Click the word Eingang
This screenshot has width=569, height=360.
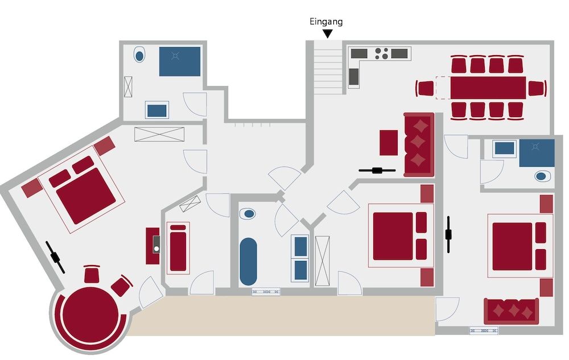click(326, 22)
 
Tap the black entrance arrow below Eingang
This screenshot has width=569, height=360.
click(328, 34)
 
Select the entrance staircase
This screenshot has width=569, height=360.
click(328, 68)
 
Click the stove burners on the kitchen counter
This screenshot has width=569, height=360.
click(381, 53)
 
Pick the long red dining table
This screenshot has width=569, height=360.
click(488, 88)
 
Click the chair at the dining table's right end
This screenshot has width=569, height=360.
click(537, 88)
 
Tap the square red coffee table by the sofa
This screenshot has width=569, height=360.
click(389, 143)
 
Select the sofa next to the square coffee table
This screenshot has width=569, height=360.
click(419, 144)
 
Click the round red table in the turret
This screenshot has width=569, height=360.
click(90, 315)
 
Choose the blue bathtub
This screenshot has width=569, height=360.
click(248, 261)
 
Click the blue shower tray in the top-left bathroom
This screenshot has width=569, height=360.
click(180, 61)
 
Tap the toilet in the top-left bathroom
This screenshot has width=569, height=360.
click(139, 55)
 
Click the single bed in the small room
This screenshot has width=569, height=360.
click(178, 248)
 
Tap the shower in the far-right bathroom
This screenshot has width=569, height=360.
click(537, 153)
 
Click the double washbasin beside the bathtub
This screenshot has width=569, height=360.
click(300, 258)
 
